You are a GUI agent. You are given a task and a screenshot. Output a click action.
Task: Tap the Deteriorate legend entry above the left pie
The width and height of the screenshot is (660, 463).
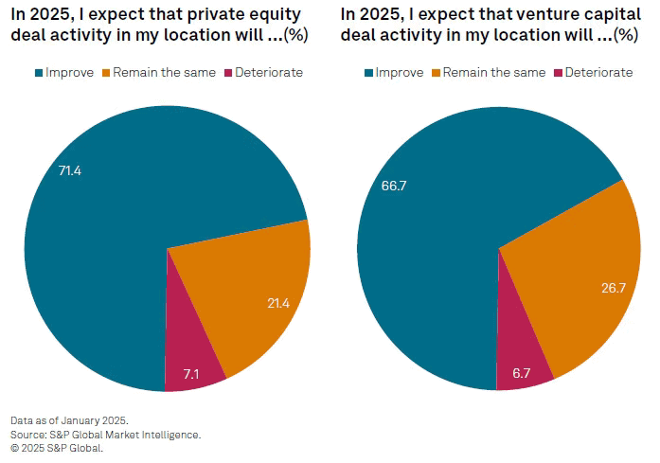268,73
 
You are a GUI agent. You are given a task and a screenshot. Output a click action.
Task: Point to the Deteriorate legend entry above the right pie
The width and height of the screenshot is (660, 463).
598,73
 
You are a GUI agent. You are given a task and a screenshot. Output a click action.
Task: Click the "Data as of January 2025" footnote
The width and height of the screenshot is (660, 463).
69,419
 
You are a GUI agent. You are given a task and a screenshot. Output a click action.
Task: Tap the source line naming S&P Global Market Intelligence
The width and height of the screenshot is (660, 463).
105,434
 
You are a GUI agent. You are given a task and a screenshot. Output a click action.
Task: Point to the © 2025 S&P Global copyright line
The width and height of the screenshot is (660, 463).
57,448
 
